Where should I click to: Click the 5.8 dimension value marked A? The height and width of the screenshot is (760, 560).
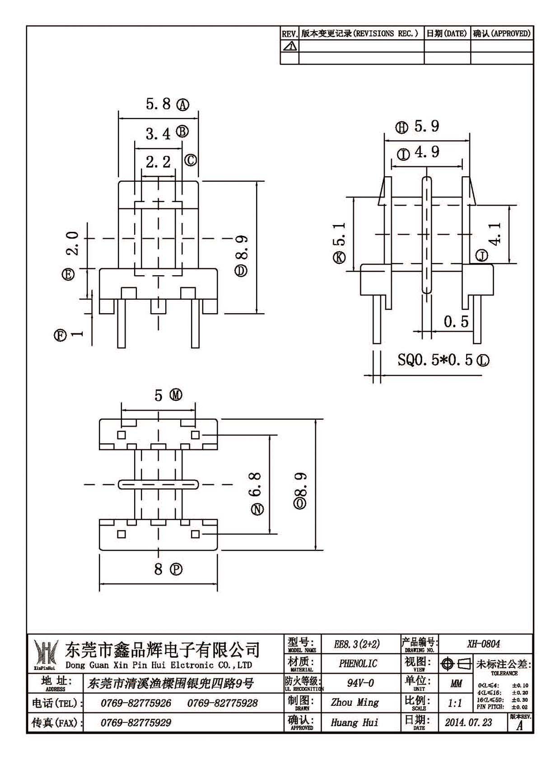tap(158, 104)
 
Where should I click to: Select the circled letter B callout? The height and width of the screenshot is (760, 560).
tap(182, 131)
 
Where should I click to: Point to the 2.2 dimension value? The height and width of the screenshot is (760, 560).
tap(158, 162)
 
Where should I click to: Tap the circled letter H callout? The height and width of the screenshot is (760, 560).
tap(401, 127)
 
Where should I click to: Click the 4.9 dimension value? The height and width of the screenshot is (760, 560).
tap(427, 152)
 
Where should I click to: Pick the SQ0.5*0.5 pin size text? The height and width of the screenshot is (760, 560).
tap(435, 360)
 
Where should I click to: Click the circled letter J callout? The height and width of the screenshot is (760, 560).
tap(481, 255)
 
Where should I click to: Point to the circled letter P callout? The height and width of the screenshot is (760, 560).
tap(176, 569)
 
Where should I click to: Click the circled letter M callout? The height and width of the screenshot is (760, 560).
tap(176, 394)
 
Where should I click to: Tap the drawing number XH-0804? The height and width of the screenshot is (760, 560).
tap(483, 643)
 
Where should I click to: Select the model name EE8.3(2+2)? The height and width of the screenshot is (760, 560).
tap(357, 643)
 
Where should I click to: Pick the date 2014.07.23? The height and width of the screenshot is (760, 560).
tap(468, 722)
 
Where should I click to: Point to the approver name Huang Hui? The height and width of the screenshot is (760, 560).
tap(355, 722)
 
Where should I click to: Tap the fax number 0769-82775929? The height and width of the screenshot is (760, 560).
tap(136, 722)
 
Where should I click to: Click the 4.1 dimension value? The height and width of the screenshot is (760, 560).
tap(495, 234)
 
